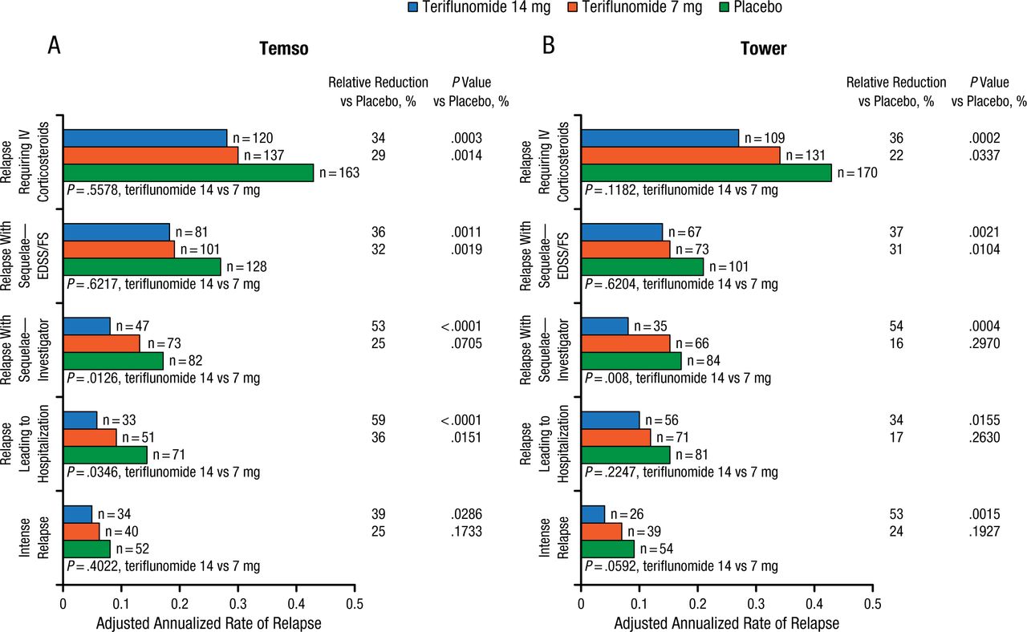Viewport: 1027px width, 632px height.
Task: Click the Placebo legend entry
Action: coord(732,8)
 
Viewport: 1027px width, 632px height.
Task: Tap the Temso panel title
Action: coord(284,49)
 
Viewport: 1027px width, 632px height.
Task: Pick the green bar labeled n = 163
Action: coord(188,172)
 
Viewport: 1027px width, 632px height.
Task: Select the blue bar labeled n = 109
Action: coord(660,138)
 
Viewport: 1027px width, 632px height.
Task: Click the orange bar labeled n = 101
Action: coord(119,249)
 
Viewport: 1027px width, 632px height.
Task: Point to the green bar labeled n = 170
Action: coord(706,172)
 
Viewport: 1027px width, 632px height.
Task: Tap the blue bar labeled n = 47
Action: coord(87,326)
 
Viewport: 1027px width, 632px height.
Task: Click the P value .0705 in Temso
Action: coord(466,343)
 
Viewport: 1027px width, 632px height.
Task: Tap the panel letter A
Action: coord(54,46)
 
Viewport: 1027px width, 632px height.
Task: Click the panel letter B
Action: coord(549,46)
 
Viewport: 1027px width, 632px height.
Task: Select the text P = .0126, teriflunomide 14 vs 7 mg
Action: coord(163,378)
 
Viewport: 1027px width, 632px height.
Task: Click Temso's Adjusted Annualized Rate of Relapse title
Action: coord(209,622)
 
